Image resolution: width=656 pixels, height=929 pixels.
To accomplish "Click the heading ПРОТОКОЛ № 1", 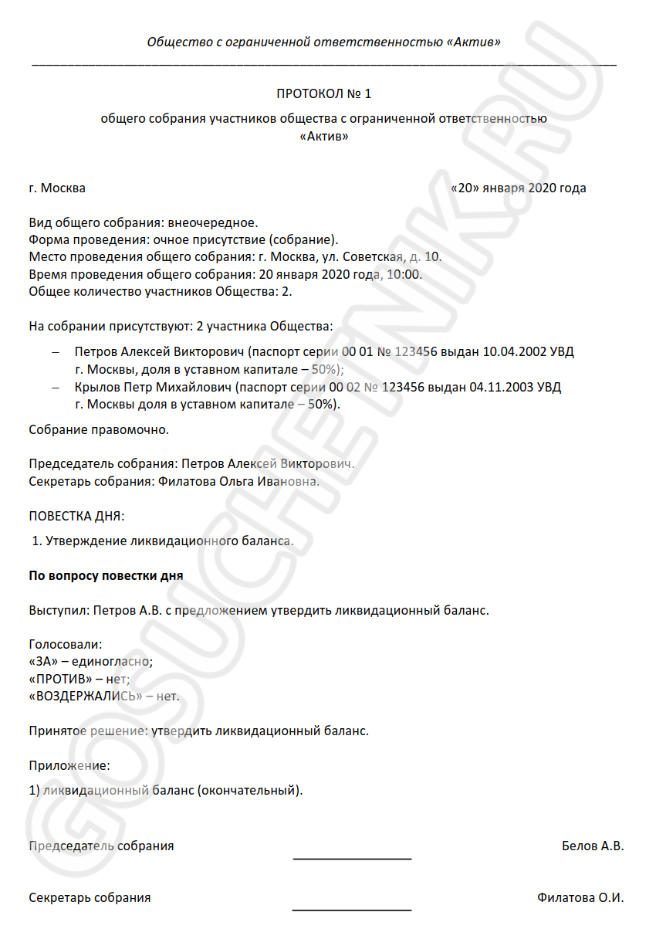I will click(x=324, y=94).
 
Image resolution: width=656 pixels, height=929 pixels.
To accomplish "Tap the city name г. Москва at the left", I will click(x=57, y=188).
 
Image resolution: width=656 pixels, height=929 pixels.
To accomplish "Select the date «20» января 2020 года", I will click(x=518, y=188).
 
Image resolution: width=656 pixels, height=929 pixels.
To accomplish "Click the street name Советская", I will click(x=368, y=257).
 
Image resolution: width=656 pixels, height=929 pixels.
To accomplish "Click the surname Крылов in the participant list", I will click(x=93, y=387).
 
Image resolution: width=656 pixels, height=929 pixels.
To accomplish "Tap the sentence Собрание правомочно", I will click(x=98, y=429).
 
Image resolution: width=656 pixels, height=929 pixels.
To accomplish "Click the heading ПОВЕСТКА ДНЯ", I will click(x=76, y=515).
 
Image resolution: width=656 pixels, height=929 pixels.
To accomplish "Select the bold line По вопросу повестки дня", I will click(x=106, y=575).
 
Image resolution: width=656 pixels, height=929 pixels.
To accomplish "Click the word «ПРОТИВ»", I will click(x=59, y=679).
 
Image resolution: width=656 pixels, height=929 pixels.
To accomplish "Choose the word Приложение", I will click(x=69, y=765).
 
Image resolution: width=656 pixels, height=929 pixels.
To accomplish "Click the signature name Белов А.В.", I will click(x=593, y=846).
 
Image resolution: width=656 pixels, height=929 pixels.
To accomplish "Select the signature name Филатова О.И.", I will click(x=580, y=898).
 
